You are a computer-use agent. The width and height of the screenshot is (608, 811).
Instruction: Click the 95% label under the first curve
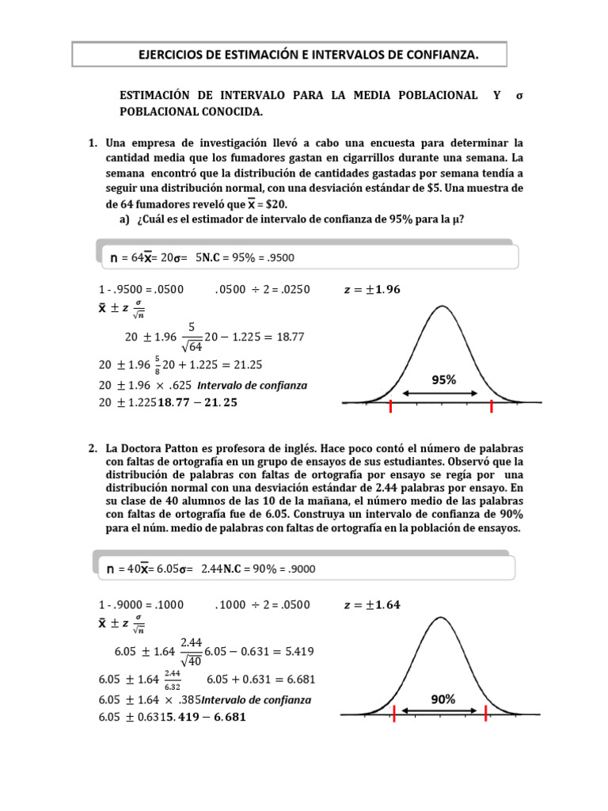(443, 380)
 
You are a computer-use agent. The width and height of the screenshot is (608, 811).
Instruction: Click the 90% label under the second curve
(443, 699)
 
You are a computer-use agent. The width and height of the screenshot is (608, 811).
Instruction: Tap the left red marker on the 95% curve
(390, 406)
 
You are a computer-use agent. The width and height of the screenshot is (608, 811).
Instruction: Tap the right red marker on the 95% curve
(492, 406)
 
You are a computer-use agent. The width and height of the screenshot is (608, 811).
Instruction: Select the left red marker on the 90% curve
(394, 714)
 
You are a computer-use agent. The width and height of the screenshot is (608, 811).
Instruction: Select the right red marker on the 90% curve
(485, 714)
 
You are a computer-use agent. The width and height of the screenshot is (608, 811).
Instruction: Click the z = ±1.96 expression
(372, 289)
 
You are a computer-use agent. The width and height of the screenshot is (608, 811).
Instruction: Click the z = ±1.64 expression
(372, 605)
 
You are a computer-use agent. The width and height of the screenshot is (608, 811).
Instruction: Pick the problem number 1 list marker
(93, 143)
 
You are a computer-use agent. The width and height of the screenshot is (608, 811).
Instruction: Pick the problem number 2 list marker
(93, 448)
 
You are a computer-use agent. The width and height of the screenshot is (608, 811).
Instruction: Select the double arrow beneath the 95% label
(440, 393)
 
